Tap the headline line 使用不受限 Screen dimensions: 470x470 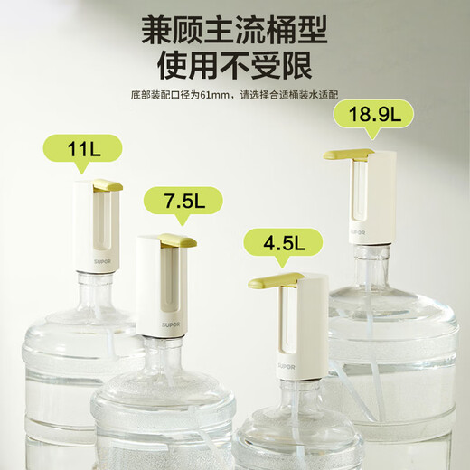click(x=234, y=66)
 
